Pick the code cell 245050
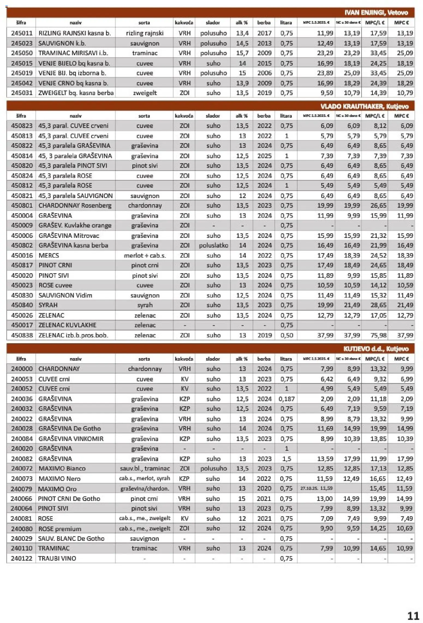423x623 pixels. tap(22, 53)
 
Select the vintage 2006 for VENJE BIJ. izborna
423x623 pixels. tap(264, 73)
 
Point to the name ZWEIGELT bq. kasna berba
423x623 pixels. tap(76, 93)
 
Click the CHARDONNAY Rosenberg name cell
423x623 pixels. tap(75, 205)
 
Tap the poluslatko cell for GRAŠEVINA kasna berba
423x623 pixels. tap(213, 245)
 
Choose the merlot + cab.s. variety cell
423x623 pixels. tap(145, 256)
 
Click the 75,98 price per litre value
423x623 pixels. tap(378, 335)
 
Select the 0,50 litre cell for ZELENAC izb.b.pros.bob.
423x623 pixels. tap(286, 335)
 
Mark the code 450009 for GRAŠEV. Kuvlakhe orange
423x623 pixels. tap(22, 225)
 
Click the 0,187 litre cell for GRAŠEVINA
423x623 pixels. tap(286, 399)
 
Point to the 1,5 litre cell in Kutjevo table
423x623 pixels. tap(286, 459)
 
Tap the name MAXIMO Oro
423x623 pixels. tap(57, 489)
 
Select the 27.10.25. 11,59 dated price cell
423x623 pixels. tap(316, 488)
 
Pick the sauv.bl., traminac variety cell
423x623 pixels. tap(145, 468)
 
